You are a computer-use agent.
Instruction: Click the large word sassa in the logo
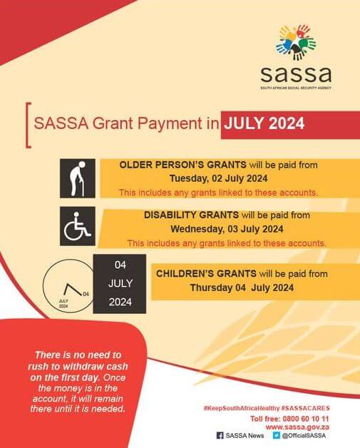click(295, 73)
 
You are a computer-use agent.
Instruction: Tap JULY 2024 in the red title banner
click(264, 123)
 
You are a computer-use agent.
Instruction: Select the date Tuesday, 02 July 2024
click(218, 178)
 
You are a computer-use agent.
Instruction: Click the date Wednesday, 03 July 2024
click(226, 229)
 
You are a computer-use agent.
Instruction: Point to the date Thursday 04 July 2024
click(242, 287)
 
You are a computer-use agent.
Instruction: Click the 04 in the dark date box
click(120, 265)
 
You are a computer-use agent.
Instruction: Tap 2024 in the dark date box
click(120, 302)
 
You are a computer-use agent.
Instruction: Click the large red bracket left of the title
click(29, 125)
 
